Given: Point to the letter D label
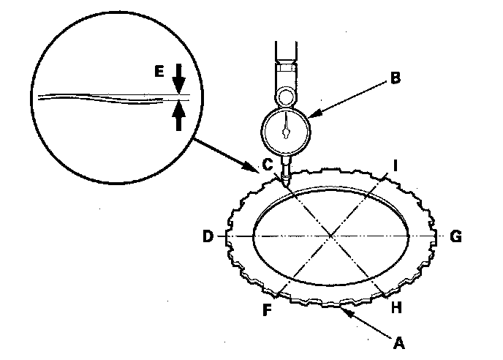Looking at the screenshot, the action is pyautogui.click(x=208, y=237).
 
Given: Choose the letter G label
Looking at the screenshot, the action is pyautogui.click(x=455, y=237).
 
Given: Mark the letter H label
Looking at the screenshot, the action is pyautogui.click(x=397, y=308).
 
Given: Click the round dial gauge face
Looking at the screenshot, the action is pyautogui.click(x=286, y=131).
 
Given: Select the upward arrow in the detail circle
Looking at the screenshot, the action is pyautogui.click(x=178, y=116).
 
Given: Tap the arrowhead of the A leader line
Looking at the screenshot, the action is pyautogui.click(x=342, y=310).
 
